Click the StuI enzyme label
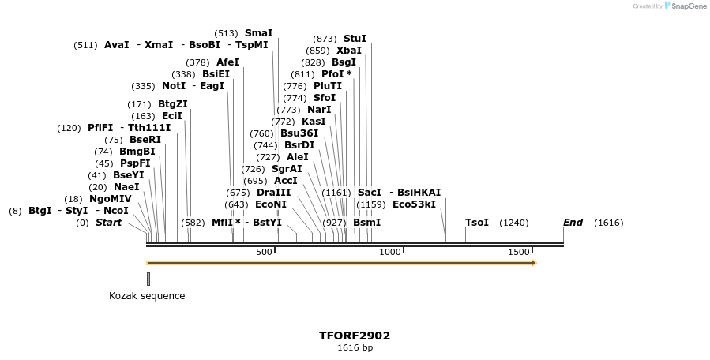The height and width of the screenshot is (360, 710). tap(355, 39)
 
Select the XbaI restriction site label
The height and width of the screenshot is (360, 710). tap(348, 51)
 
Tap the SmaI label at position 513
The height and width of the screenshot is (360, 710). tap(258, 33)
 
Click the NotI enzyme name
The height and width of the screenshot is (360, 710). tap(174, 86)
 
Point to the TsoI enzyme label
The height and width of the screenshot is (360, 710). tap(477, 223)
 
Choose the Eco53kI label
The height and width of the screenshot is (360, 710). tap(414, 204)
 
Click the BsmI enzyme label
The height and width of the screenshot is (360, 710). tap(366, 223)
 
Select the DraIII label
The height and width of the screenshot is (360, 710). tap(273, 193)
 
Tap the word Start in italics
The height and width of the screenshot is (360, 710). tap(109, 223)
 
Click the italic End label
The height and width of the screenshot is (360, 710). tap(573, 223)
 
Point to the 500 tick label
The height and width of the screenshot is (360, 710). tap(264, 252)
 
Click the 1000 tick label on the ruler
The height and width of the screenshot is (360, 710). tap(390, 252)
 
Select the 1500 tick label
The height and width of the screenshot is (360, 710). tap(519, 252)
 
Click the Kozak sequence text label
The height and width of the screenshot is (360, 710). tap(147, 296)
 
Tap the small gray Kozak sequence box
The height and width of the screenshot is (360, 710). tap(148, 279)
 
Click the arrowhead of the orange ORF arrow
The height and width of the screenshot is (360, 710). tap(534, 263)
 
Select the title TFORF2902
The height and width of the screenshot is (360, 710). tap(355, 336)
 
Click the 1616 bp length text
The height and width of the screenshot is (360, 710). tap(355, 347)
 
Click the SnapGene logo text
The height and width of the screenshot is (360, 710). tap(689, 6)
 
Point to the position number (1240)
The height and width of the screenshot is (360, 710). tap(514, 223)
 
